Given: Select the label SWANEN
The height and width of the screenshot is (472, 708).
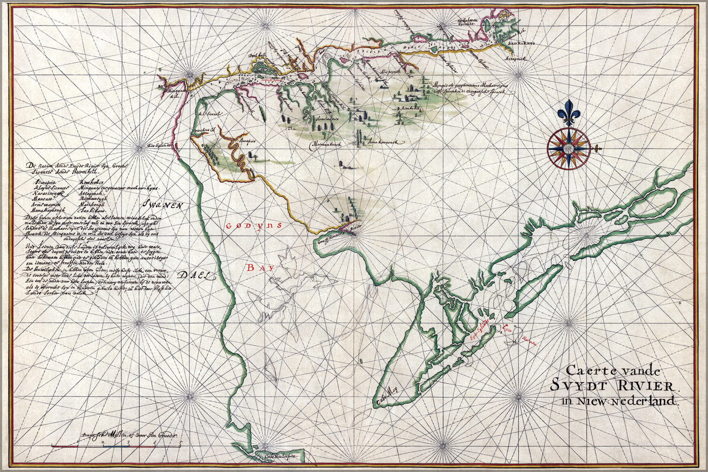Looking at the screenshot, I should tap(162, 205).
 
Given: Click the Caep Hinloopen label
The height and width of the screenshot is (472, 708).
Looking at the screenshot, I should tap(276, 456).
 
